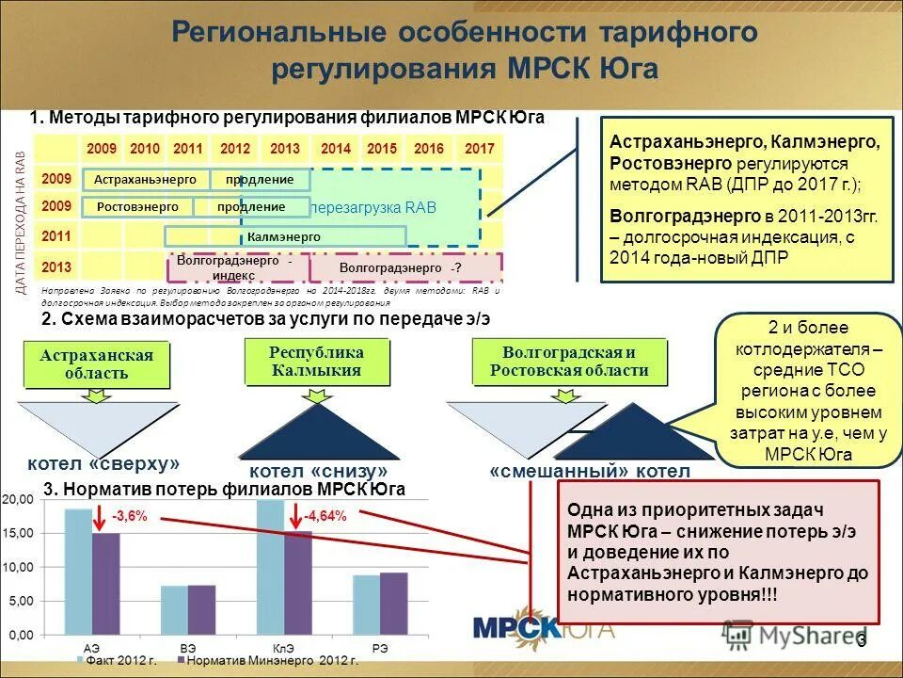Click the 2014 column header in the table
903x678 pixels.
[335, 149]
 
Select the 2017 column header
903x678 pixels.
[479, 149]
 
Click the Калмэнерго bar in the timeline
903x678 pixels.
[284, 236]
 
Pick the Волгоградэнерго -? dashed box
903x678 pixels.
[405, 268]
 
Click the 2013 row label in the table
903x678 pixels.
[57, 266]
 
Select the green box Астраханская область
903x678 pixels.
[96, 364]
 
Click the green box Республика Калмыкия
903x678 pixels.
[316, 361]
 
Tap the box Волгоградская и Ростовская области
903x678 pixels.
[569, 361]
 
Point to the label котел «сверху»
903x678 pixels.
[103, 463]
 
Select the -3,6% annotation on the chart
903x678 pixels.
[128, 516]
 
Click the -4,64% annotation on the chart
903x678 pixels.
[325, 516]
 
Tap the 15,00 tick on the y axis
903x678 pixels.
[21, 533]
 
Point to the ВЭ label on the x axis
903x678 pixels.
[187, 648]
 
